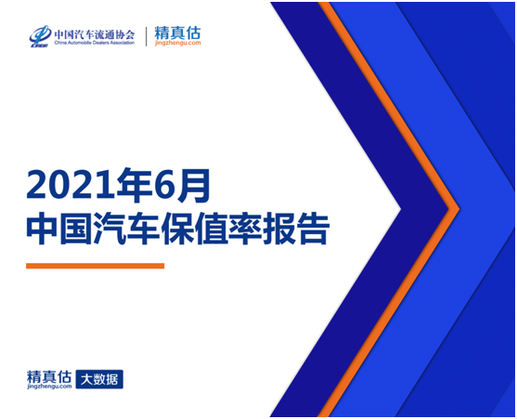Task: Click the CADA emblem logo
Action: click(40, 36)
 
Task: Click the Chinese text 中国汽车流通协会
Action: click(95, 34)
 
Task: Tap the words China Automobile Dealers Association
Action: click(95, 43)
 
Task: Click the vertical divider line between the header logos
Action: click(146, 36)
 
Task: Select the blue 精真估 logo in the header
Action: click(177, 33)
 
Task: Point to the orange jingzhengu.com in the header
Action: click(177, 44)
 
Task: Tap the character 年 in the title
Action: click(127, 185)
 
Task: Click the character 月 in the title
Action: click(193, 185)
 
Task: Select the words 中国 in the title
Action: click(59, 229)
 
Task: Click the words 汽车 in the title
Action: click(127, 229)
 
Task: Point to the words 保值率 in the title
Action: click(212, 229)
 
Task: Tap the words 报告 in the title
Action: click(296, 229)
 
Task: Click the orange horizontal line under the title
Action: click(95, 266)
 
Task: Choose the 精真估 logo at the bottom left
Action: click(49, 377)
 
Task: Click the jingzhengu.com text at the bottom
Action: click(49, 386)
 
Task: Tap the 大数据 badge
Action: click(99, 379)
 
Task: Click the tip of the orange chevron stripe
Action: click(459, 208)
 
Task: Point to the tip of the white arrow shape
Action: click(401, 209)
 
